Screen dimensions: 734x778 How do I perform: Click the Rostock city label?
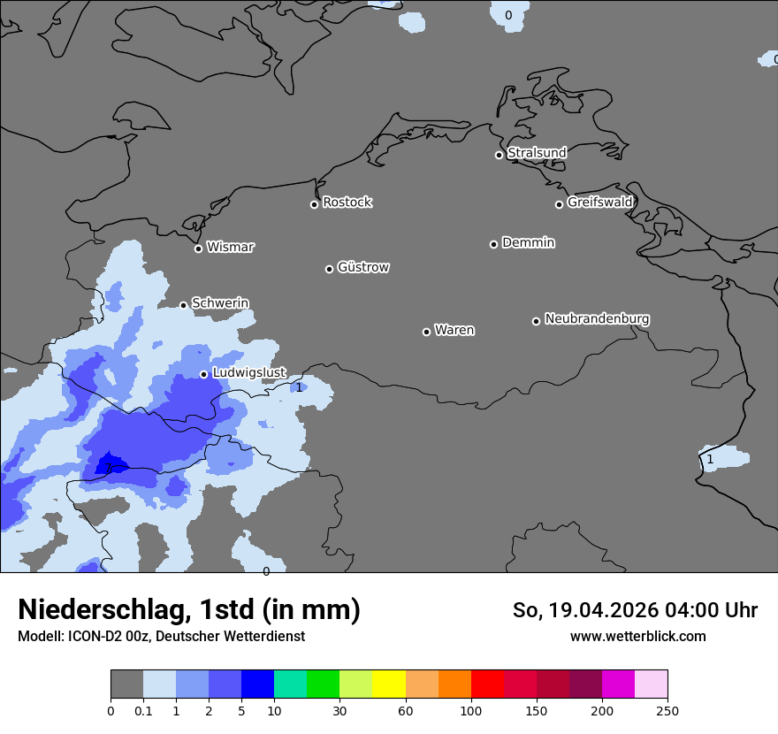347,203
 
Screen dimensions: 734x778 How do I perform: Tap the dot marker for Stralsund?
499,155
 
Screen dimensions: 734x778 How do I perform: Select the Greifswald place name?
599,203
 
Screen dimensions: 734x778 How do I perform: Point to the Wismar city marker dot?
198,248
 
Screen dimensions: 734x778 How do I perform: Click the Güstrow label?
362,268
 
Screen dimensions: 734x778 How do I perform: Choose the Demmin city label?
528,243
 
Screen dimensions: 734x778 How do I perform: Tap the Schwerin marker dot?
184,305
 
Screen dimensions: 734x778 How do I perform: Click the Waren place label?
454,331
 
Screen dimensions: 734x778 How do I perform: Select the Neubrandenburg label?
597,319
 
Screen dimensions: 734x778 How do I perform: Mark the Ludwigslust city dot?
203,374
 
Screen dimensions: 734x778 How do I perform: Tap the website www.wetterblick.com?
637,637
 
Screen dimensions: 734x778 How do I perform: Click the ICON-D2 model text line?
161,637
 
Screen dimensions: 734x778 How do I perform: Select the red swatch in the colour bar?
487,684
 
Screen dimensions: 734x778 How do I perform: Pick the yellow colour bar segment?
389,684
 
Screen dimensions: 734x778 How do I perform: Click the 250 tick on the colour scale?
667,710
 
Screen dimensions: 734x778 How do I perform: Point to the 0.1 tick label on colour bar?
143,710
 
